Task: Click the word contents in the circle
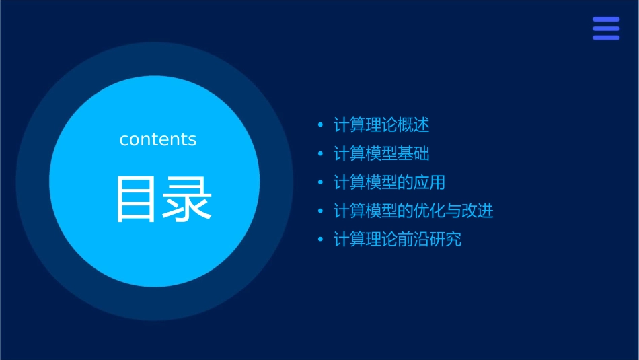coord(158,139)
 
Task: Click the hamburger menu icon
coord(606,29)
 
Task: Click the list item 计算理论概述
coord(381,125)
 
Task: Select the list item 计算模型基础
coord(381,154)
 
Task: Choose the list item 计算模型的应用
coord(389,182)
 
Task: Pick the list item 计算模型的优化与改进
coord(414,211)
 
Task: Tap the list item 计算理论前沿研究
coord(398,240)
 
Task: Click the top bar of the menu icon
coord(606,20)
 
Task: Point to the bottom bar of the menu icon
coord(606,38)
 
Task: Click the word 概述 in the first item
coord(414,125)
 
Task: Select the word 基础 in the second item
coord(414,154)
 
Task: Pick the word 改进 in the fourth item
coord(478,211)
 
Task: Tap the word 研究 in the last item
coord(445,240)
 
